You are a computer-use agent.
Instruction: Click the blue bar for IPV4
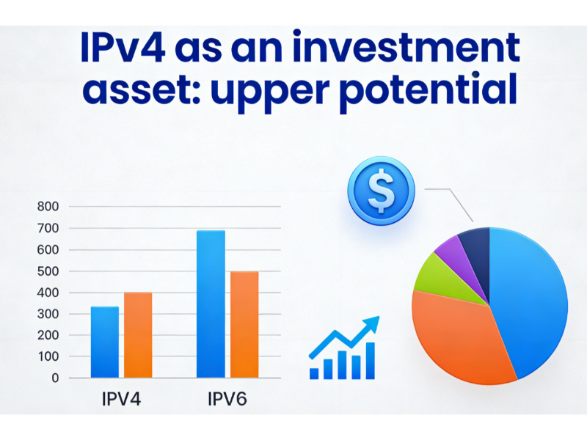click(x=104, y=342)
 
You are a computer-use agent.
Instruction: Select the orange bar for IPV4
click(x=138, y=335)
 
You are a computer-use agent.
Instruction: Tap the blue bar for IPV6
click(x=211, y=304)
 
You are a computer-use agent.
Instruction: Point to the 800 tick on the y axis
click(x=48, y=207)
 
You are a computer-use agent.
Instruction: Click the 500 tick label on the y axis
click(x=48, y=271)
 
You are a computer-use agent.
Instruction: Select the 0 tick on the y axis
click(x=55, y=378)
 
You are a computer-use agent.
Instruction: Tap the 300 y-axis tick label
click(x=48, y=314)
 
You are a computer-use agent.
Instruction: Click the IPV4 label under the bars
click(x=121, y=400)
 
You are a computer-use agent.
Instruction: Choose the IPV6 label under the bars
click(x=227, y=400)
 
